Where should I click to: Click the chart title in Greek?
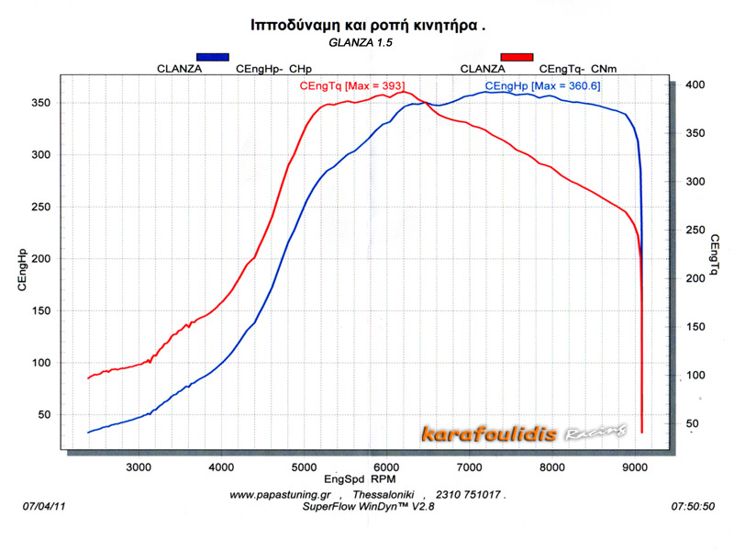click(367, 25)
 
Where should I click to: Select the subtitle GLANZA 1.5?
click(365, 42)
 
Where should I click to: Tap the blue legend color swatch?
click(212, 57)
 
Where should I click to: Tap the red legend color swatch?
click(517, 57)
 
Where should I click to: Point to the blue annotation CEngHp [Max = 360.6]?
click(543, 85)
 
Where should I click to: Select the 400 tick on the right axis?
click(695, 84)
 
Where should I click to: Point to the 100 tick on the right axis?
click(695, 375)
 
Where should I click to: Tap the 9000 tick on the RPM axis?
click(635, 466)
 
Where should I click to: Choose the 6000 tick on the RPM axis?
click(386, 466)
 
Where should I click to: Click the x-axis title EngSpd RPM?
click(360, 479)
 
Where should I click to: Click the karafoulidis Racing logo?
click(525, 433)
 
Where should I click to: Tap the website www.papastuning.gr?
click(280, 494)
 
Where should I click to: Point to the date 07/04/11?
click(42, 506)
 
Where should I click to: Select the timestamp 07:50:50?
click(693, 506)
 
